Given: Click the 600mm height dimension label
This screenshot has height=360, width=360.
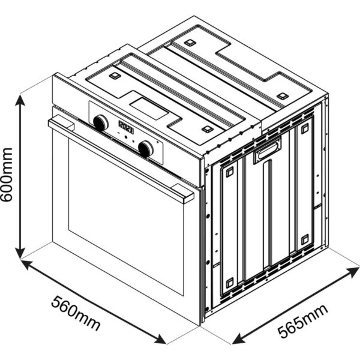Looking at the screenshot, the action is pyautogui.click(x=7, y=175).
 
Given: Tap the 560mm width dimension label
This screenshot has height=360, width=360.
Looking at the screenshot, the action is pyautogui.click(x=76, y=313).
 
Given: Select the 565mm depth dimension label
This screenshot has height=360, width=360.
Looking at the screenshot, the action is pyautogui.click(x=303, y=321).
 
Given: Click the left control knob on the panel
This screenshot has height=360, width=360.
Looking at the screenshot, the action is pyautogui.click(x=101, y=123).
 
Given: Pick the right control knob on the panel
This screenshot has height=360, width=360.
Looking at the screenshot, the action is pyautogui.click(x=146, y=149).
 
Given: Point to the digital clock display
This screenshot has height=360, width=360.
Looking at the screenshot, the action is pyautogui.click(x=126, y=127).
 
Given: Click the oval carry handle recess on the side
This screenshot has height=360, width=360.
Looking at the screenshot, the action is pyautogui.click(x=268, y=150).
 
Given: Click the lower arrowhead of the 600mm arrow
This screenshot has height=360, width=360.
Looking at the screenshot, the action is pyautogui.click(x=20, y=253).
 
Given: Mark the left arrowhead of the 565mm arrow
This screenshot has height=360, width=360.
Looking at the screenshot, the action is pyautogui.click(x=238, y=340).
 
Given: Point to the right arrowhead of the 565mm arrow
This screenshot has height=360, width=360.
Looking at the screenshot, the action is pyautogui.click(x=353, y=271).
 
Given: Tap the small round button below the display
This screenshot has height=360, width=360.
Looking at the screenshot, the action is pyautogui.click(x=126, y=137).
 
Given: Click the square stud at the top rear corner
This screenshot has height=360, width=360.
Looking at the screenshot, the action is pyautogui.click(x=190, y=43).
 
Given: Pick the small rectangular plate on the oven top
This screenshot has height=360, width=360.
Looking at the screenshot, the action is pyautogui.click(x=149, y=109).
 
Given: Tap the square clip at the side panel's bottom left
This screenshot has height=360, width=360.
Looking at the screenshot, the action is pyautogui.click(x=230, y=283).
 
